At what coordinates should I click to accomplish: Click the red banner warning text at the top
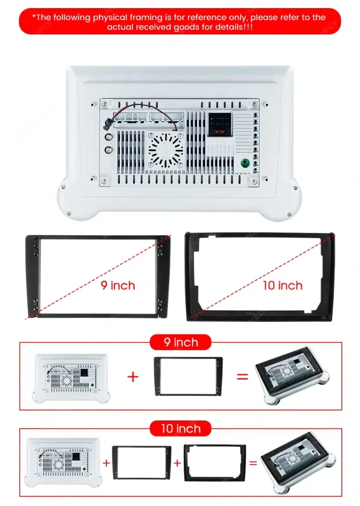tap(180, 21)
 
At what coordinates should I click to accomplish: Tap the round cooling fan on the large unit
tap(166, 150)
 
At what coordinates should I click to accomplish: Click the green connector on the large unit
tap(245, 163)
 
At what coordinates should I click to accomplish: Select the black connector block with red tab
tap(219, 124)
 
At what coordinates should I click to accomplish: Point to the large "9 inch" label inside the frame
tap(117, 285)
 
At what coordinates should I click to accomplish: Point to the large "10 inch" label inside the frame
tap(282, 285)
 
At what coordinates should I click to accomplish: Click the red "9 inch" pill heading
tap(180, 343)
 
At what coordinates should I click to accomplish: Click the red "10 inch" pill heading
tap(180, 429)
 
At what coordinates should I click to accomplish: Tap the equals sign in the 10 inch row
tap(253, 462)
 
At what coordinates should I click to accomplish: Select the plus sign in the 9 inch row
tap(133, 376)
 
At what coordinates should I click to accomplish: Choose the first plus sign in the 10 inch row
tap(106, 462)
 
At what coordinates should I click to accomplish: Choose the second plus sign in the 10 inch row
tap(177, 462)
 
